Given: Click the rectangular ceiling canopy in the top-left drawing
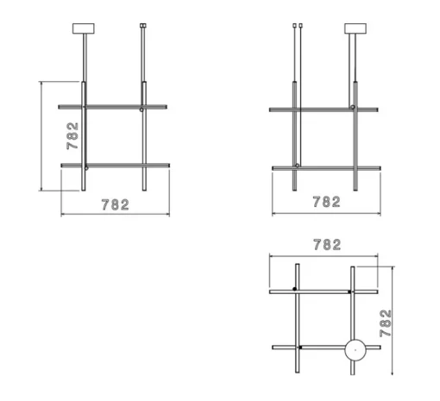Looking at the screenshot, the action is (84, 28).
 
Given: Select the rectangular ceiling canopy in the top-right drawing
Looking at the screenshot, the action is (355, 28).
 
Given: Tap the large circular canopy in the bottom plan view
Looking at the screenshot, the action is (355, 350).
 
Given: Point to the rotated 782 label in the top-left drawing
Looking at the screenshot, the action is (72, 136).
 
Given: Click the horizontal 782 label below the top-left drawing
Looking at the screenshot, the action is (116, 204).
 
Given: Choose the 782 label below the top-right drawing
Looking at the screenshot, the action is (327, 202).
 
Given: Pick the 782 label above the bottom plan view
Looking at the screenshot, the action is (327, 245).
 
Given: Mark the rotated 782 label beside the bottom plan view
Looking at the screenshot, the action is (386, 323).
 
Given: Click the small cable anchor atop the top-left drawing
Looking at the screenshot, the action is (143, 26).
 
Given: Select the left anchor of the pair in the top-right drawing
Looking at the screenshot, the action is (294, 26).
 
